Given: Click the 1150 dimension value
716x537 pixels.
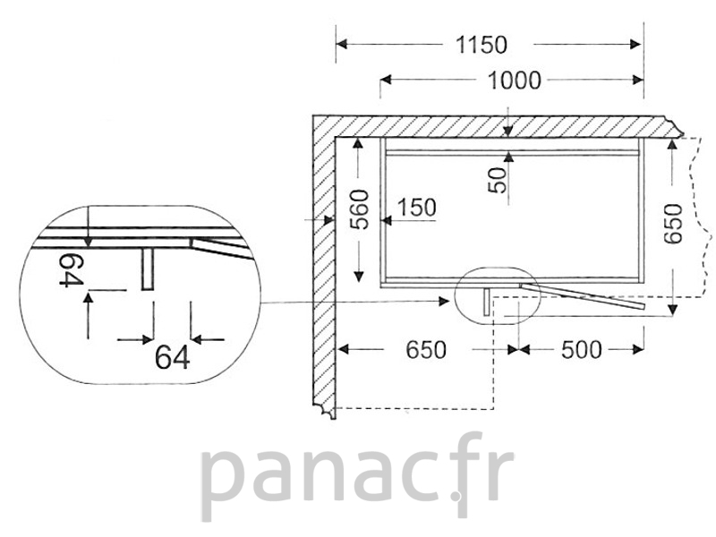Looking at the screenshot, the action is (x=482, y=45).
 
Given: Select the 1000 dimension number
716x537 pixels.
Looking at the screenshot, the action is (x=515, y=81).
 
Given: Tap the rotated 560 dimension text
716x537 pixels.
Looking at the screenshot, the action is (x=359, y=209).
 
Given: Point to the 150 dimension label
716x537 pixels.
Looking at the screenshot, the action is (x=417, y=208).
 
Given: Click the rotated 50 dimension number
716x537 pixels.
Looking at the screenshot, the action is (x=498, y=181).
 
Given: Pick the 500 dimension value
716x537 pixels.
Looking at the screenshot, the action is (x=582, y=350).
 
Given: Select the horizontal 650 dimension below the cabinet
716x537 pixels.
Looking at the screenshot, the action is (x=426, y=350).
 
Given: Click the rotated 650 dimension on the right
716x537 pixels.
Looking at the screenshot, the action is (x=673, y=224).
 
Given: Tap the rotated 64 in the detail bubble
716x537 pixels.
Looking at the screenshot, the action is (x=72, y=270).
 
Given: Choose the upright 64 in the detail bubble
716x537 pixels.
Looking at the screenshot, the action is (x=172, y=357).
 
